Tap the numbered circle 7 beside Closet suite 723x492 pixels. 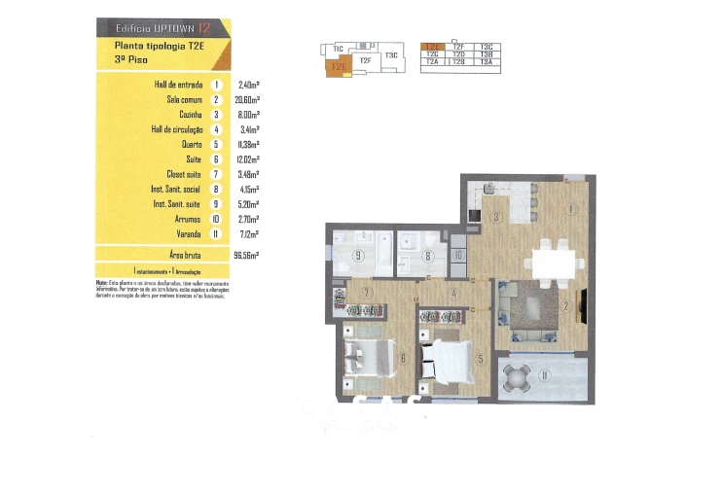[x=214, y=173]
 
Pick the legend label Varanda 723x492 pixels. [x=185, y=233]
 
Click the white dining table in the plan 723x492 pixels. [x=556, y=261]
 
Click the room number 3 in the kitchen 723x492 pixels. [x=495, y=217]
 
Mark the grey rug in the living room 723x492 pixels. [x=536, y=310]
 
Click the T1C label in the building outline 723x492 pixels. [x=338, y=48]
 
